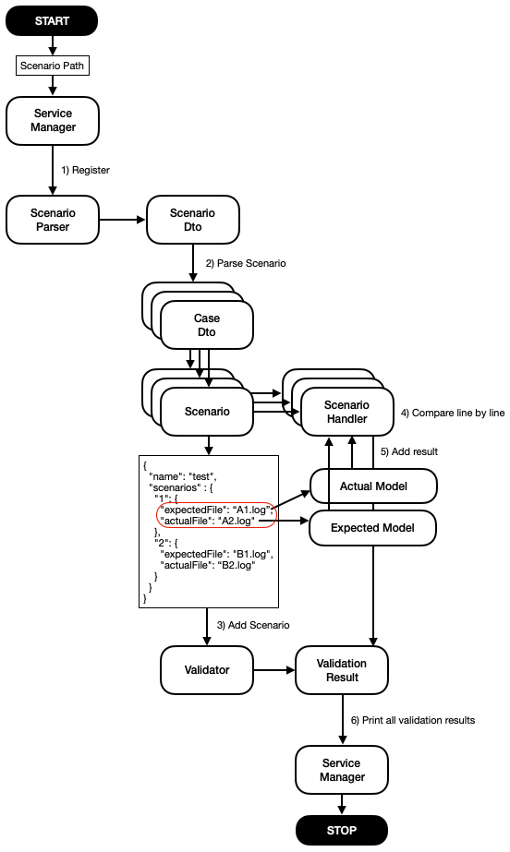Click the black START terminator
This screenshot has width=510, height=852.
click(53, 20)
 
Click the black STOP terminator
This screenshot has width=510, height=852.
click(341, 829)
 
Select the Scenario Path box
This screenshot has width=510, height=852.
click(53, 66)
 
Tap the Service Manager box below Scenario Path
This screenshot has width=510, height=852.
click(53, 120)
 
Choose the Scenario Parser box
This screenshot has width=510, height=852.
click(53, 220)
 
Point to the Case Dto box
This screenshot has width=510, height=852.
click(206, 325)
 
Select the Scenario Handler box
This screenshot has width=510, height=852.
click(346, 412)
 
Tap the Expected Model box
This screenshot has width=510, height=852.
click(360, 527)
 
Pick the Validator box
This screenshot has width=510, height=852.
click(206, 670)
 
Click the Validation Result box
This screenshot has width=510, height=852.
click(341, 670)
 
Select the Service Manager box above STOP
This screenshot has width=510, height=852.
click(341, 770)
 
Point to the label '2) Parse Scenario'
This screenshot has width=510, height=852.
click(245, 263)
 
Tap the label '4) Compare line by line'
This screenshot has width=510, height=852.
click(453, 413)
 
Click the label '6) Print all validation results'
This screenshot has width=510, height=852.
click(412, 720)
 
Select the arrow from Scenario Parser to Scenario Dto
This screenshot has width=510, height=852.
click(122, 220)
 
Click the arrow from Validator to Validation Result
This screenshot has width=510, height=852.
click(273, 670)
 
